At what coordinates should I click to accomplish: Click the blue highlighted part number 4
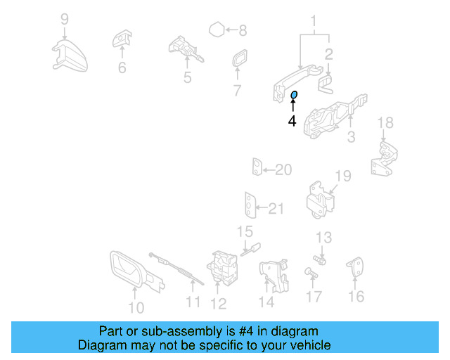[295, 95]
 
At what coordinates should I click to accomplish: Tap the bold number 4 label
[292, 121]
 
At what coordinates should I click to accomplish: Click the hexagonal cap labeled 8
[217, 30]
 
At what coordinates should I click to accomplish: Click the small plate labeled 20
[257, 169]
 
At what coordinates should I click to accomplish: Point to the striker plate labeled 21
[250, 205]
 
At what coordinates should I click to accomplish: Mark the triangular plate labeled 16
[356, 268]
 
